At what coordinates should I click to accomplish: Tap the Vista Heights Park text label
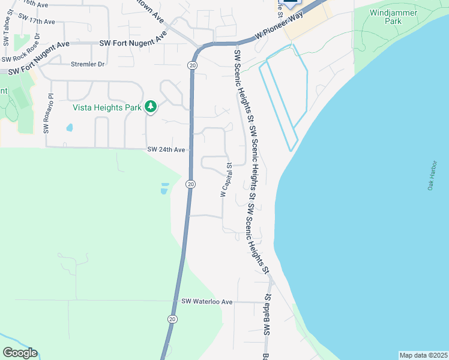(107, 108)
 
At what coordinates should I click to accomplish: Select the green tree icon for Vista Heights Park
(151, 107)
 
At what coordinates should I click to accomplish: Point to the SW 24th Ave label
(166, 150)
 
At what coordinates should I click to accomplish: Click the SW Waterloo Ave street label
(206, 301)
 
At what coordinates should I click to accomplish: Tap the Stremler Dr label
(88, 64)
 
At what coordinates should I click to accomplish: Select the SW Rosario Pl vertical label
(46, 113)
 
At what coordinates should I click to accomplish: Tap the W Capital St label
(225, 179)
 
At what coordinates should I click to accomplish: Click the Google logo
(19, 353)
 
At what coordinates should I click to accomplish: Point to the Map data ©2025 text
(423, 355)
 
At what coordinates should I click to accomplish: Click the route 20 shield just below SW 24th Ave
(190, 184)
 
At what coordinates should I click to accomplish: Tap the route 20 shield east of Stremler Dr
(192, 65)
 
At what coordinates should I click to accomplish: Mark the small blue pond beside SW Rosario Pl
(70, 128)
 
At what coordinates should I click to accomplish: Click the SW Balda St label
(265, 315)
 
